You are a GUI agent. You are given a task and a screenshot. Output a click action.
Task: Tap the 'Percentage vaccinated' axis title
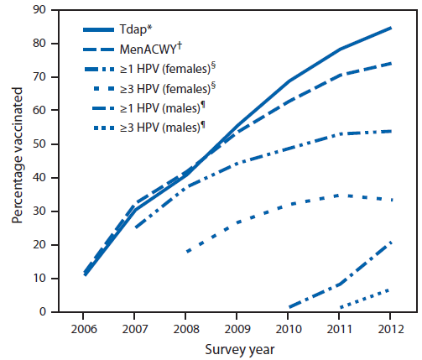17,160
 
